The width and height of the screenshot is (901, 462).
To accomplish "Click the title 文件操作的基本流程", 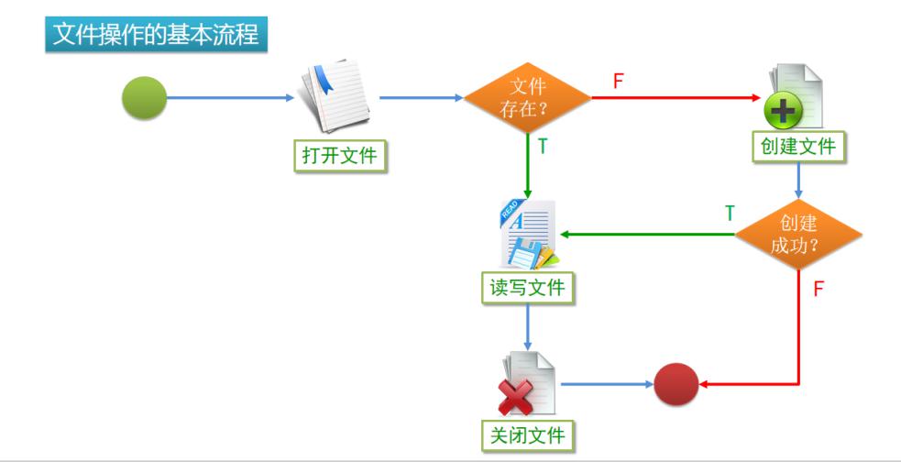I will click(x=156, y=35).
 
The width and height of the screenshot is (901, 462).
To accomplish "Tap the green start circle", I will click(x=145, y=98).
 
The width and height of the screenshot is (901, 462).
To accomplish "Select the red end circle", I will click(x=676, y=384).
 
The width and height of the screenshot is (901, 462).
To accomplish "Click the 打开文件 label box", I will click(x=340, y=155).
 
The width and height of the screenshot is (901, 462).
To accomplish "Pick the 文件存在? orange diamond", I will click(x=527, y=98).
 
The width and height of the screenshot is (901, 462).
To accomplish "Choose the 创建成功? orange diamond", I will click(x=798, y=235).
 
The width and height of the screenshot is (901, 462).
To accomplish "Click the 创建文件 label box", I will click(x=798, y=146).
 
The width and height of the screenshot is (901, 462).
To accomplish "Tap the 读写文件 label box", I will click(x=527, y=288).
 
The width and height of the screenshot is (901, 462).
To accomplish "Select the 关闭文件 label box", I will click(x=527, y=434).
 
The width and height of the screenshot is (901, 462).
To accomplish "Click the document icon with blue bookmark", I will click(x=335, y=96).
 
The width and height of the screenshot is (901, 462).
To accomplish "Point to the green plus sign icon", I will click(x=784, y=112).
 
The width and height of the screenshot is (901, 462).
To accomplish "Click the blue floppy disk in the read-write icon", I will click(x=525, y=253).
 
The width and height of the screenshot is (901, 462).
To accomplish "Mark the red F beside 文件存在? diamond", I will click(x=618, y=81).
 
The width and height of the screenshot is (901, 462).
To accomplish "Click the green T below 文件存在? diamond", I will click(x=543, y=147).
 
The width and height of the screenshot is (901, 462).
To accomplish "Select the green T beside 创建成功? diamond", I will click(x=730, y=214).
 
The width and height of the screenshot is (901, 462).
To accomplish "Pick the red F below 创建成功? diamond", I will click(x=819, y=290).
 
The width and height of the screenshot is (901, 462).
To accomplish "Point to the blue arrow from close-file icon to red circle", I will click(x=605, y=384).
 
